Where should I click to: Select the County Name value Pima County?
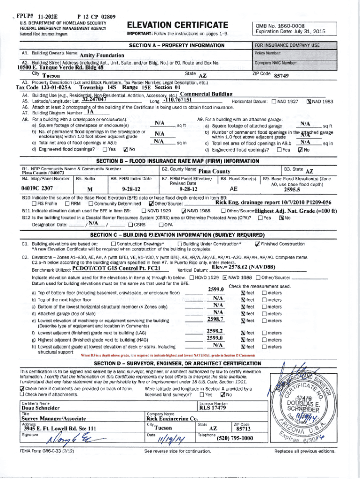click(x=214, y=172)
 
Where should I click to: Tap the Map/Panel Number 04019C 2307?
click(x=37, y=189)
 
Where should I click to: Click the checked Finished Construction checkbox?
click(x=257, y=244)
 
